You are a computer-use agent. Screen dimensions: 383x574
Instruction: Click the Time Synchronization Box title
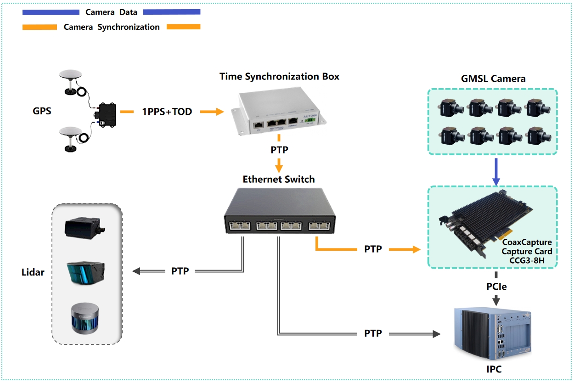tap(279, 76)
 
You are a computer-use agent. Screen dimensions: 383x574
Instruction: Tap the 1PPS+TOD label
tap(167, 112)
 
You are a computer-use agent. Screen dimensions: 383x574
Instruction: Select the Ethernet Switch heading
tap(279, 179)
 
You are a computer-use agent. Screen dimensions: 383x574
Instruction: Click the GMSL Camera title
tap(493, 79)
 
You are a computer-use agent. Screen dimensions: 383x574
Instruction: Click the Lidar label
tap(33, 272)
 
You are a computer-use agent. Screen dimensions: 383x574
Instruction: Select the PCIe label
tap(496, 286)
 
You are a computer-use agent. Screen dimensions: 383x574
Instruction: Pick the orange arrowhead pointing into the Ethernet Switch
tap(278, 168)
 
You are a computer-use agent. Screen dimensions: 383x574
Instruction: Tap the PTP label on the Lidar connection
tap(180, 271)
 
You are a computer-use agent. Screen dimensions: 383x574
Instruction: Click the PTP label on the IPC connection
tap(372, 333)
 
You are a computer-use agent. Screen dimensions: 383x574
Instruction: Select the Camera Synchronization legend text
tap(112, 27)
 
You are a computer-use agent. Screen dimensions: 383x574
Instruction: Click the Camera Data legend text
tap(111, 12)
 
